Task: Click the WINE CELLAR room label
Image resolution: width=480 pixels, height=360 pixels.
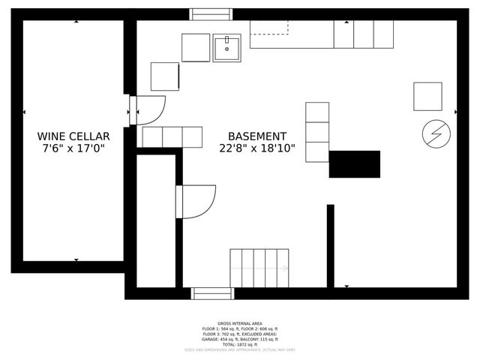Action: (x=73, y=136)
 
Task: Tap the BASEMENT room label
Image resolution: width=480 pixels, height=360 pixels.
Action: (x=257, y=136)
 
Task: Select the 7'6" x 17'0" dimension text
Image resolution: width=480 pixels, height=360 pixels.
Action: (x=73, y=149)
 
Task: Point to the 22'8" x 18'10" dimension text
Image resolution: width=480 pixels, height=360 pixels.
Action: (x=257, y=149)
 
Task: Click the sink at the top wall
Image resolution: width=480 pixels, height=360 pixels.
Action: (x=226, y=48)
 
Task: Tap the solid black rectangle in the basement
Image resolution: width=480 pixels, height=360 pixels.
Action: (x=354, y=164)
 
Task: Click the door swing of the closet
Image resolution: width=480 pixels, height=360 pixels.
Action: (x=196, y=201)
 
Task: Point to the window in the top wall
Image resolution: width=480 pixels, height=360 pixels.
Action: (x=211, y=14)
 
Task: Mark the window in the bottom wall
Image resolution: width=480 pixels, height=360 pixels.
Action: (x=212, y=293)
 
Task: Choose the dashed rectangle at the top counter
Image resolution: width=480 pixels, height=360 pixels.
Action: (x=268, y=27)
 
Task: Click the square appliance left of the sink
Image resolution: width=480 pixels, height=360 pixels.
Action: (x=196, y=48)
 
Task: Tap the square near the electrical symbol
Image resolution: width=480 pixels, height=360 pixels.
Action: (x=427, y=96)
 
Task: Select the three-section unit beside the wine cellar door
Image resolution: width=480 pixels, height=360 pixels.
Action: (x=172, y=137)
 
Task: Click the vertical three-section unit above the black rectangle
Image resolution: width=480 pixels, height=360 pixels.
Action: (x=317, y=132)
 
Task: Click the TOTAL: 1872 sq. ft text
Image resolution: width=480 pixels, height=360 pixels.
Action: (x=239, y=344)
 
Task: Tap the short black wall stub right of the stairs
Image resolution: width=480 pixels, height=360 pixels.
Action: (x=330, y=245)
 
